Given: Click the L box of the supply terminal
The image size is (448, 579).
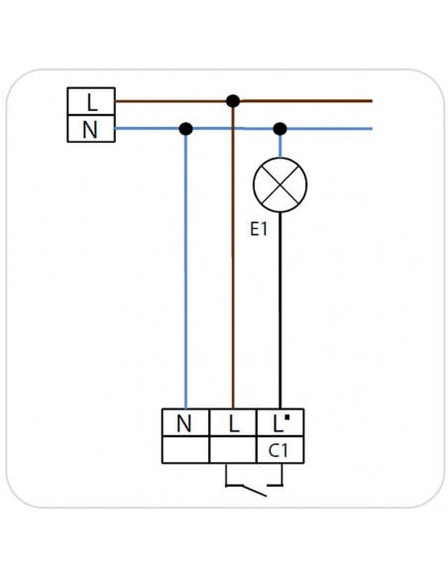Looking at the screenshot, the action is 91,101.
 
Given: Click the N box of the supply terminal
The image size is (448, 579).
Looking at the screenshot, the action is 91,129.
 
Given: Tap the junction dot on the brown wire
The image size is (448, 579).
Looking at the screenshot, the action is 233,101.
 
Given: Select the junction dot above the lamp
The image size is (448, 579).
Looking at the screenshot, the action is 280,129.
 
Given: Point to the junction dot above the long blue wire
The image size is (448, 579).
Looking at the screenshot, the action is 185,129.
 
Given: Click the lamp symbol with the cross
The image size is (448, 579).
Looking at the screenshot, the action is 280,185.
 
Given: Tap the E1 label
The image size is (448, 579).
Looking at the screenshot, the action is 259,229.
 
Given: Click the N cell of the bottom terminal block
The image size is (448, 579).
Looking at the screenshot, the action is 185,422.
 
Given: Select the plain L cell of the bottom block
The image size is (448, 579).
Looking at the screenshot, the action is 233,422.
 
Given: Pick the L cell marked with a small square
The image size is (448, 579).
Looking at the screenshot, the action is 280,422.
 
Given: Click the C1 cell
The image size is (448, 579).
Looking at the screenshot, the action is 280,450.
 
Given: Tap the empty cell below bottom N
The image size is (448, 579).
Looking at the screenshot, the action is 185,450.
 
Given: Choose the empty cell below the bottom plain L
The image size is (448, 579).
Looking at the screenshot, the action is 233,450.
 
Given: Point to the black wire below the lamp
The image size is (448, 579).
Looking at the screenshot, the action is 280,310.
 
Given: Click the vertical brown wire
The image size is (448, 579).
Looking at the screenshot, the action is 233,255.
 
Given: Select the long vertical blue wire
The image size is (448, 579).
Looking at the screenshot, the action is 185,269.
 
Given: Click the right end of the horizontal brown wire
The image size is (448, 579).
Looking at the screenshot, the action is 372,100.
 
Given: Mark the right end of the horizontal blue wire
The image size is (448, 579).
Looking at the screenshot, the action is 372,129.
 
